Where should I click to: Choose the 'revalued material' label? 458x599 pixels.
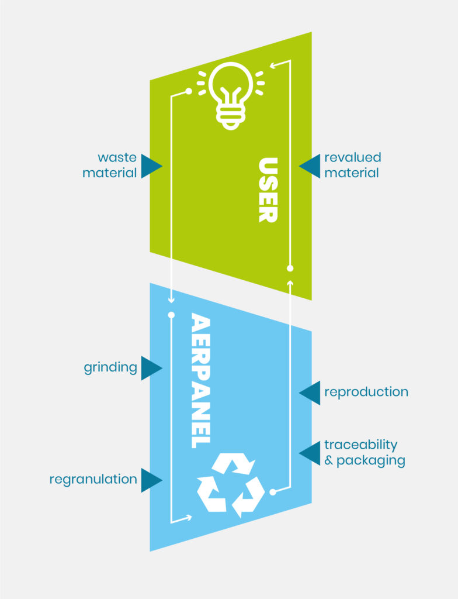tap(352, 166)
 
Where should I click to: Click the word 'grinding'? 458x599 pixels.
tap(110, 369)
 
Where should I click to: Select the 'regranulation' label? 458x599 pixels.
tap(93, 480)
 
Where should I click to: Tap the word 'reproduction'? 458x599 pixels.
tap(366, 392)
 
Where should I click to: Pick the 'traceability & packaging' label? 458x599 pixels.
tap(365, 453)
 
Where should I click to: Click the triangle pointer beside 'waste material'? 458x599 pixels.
tap(151, 166)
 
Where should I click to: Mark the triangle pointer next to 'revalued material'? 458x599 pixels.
tap(310, 166)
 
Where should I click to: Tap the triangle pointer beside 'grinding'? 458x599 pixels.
tap(151, 369)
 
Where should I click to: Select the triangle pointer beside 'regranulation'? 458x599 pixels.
tap(151, 480)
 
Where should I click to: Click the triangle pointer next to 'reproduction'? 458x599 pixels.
tap(310, 392)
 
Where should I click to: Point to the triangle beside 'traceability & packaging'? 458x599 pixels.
tap(310, 453)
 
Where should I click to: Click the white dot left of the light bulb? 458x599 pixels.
tap(189, 91)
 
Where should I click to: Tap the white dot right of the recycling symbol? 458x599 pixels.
tap(272, 493)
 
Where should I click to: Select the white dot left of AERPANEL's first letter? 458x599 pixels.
tap(171, 315)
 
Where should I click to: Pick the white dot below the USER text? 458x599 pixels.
tap(290, 268)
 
